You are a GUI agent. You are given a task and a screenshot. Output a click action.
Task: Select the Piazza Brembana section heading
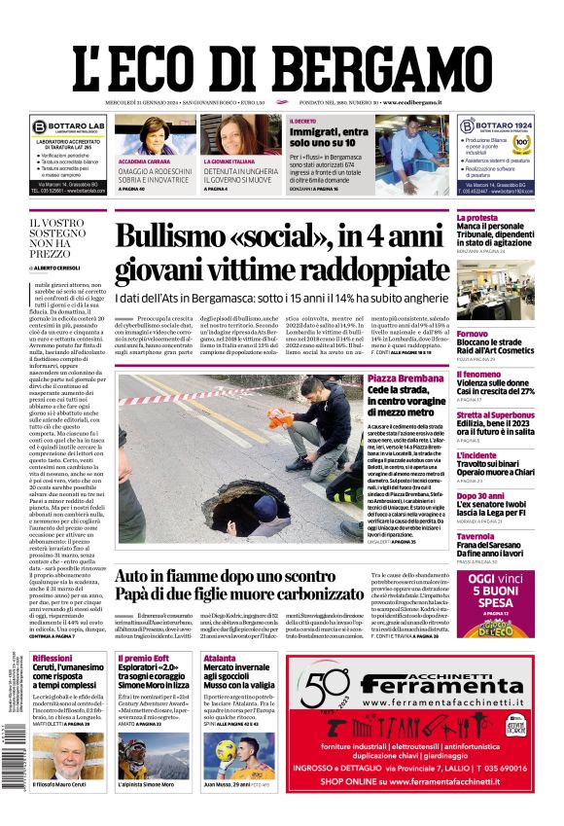click(406, 377)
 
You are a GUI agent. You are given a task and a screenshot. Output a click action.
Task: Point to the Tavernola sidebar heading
click(476, 536)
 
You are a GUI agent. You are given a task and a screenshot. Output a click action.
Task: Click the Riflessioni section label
click(52, 659)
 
